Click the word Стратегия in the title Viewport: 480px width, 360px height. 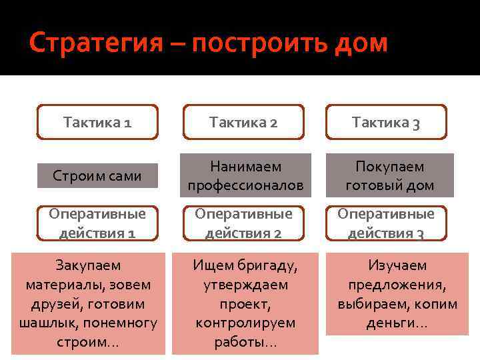tap(96, 44)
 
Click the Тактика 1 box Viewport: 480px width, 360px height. tap(97, 122)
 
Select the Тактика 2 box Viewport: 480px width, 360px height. tap(243, 122)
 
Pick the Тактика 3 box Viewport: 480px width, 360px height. tap(386, 122)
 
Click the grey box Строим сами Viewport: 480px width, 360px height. tap(97, 176)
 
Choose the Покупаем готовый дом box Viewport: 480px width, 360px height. tap(389, 176)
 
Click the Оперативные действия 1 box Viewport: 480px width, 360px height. tap(97, 223)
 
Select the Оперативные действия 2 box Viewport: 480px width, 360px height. tap(243, 223)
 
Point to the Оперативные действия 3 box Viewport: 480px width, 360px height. tap(386, 223)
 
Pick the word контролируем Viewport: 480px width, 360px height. tap(245, 323)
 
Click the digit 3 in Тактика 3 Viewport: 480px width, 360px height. tap(415, 123)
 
